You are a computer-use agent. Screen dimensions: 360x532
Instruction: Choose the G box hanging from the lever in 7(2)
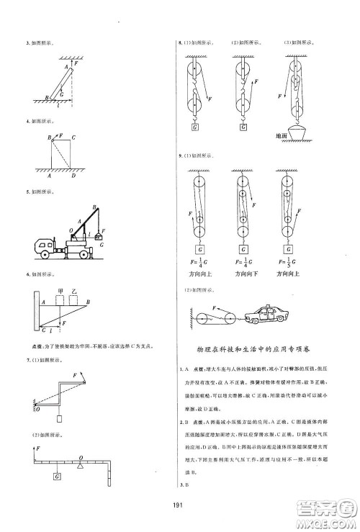[55, 475]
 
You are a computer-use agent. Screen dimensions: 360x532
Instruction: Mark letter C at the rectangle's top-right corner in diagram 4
[73, 136]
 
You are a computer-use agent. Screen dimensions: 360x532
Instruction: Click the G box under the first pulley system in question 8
[195, 127]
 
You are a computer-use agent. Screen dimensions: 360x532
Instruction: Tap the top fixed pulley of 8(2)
[240, 71]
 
